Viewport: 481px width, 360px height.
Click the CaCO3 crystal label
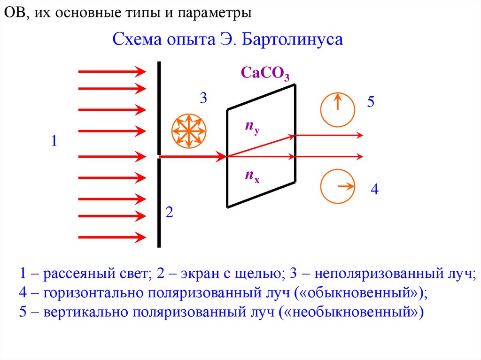[265, 74]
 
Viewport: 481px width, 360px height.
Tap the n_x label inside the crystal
[251, 176]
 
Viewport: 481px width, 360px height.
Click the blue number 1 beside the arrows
[54, 141]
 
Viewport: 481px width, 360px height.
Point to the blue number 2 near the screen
[170, 213]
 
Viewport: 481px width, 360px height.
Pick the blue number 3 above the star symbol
[203, 99]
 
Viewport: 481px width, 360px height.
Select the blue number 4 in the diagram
[374, 190]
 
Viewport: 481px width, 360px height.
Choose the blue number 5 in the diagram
[371, 102]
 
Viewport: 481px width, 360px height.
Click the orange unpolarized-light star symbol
[188, 130]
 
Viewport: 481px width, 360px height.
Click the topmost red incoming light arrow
[112, 71]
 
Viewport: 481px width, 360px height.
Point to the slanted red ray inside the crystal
[261, 146]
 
